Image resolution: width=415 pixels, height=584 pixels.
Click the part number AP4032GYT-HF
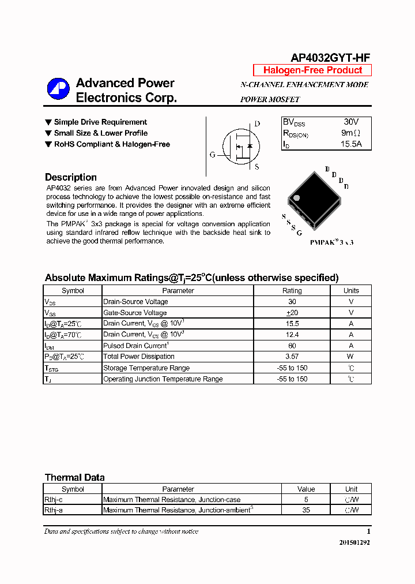(330, 57)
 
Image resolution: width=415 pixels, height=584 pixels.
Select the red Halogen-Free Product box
(312, 70)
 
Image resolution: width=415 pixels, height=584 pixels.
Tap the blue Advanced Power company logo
(58, 89)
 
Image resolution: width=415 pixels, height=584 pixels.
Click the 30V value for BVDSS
(350, 122)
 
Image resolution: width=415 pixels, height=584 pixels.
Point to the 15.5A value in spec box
(350, 144)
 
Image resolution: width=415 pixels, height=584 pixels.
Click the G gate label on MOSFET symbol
(212, 155)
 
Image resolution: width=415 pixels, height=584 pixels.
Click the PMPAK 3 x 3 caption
(331, 242)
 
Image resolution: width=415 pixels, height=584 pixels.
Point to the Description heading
(71, 177)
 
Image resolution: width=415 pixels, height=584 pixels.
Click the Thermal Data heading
(75, 477)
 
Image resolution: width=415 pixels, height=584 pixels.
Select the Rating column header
(292, 291)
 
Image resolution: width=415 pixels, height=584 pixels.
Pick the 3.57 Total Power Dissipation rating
(292, 357)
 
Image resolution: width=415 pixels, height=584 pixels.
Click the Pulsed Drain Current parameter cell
(135, 346)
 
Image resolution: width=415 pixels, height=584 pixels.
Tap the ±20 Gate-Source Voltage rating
(292, 313)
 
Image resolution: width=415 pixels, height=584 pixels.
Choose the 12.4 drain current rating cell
(292, 335)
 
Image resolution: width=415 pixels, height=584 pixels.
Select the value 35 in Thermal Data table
(306, 510)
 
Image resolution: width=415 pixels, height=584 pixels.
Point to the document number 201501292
(350, 543)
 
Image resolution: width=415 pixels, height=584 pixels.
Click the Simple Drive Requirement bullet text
(100, 122)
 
